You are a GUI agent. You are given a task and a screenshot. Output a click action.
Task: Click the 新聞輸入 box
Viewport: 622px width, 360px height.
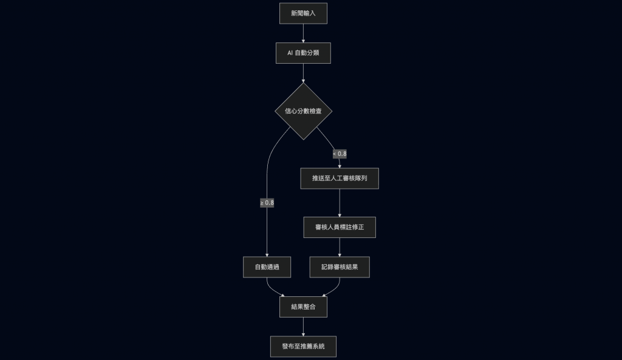[303, 13]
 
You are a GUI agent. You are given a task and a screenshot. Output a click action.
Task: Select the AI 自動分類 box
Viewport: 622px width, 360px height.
[303, 53]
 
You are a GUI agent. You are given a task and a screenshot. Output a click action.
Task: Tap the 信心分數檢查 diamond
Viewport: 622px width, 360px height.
[303, 111]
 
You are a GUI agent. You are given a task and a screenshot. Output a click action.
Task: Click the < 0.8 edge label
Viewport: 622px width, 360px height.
[340, 154]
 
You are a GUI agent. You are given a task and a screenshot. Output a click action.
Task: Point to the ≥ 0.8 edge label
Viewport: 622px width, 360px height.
[267, 202]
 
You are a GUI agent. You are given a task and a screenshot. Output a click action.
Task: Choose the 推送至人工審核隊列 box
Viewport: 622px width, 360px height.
[340, 178]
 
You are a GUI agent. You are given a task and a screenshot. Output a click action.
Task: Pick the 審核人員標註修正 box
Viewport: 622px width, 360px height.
[340, 227]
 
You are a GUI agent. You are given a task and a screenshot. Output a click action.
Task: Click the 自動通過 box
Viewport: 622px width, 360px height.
[267, 267]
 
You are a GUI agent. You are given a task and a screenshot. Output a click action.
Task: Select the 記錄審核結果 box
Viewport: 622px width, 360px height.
[340, 267]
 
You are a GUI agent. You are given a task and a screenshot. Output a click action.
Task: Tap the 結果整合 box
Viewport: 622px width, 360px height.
[303, 307]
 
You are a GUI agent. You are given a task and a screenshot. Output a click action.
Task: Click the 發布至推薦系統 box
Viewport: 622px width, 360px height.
[303, 346]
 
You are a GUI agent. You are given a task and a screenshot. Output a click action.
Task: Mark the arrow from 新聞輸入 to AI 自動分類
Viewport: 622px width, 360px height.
[303, 33]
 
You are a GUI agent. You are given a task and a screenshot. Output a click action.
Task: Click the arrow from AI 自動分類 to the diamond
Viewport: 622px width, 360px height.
[303, 72]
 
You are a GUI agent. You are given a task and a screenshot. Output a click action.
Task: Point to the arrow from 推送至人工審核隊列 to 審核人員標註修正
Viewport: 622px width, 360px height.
[340, 203]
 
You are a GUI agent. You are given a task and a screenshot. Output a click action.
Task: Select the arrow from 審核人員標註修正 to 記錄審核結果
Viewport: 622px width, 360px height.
[340, 247]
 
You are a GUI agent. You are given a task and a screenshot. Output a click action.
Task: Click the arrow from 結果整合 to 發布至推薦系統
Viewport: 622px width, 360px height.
[303, 327]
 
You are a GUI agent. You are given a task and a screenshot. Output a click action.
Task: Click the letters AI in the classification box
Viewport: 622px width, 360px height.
[290, 53]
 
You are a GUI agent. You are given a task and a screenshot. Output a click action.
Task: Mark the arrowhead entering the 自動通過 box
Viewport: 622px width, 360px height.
[267, 254]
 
